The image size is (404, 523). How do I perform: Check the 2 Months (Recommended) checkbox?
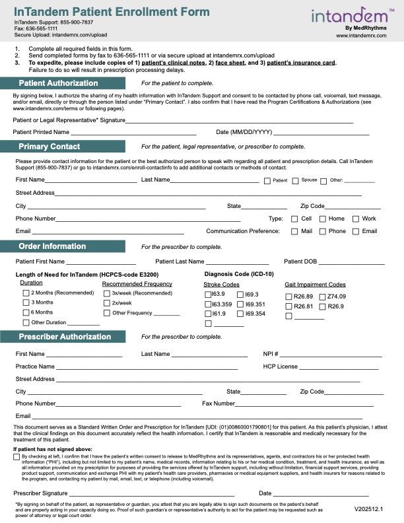point(26,293)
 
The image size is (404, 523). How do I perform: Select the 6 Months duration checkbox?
point(26,312)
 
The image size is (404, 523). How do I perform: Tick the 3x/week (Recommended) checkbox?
point(106,293)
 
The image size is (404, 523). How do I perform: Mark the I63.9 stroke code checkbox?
point(208,294)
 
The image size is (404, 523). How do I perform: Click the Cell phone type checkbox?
point(294,219)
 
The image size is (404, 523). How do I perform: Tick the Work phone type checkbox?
point(355,219)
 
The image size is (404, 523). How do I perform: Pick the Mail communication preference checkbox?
point(294,231)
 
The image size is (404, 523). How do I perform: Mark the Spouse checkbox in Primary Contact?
point(295,180)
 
